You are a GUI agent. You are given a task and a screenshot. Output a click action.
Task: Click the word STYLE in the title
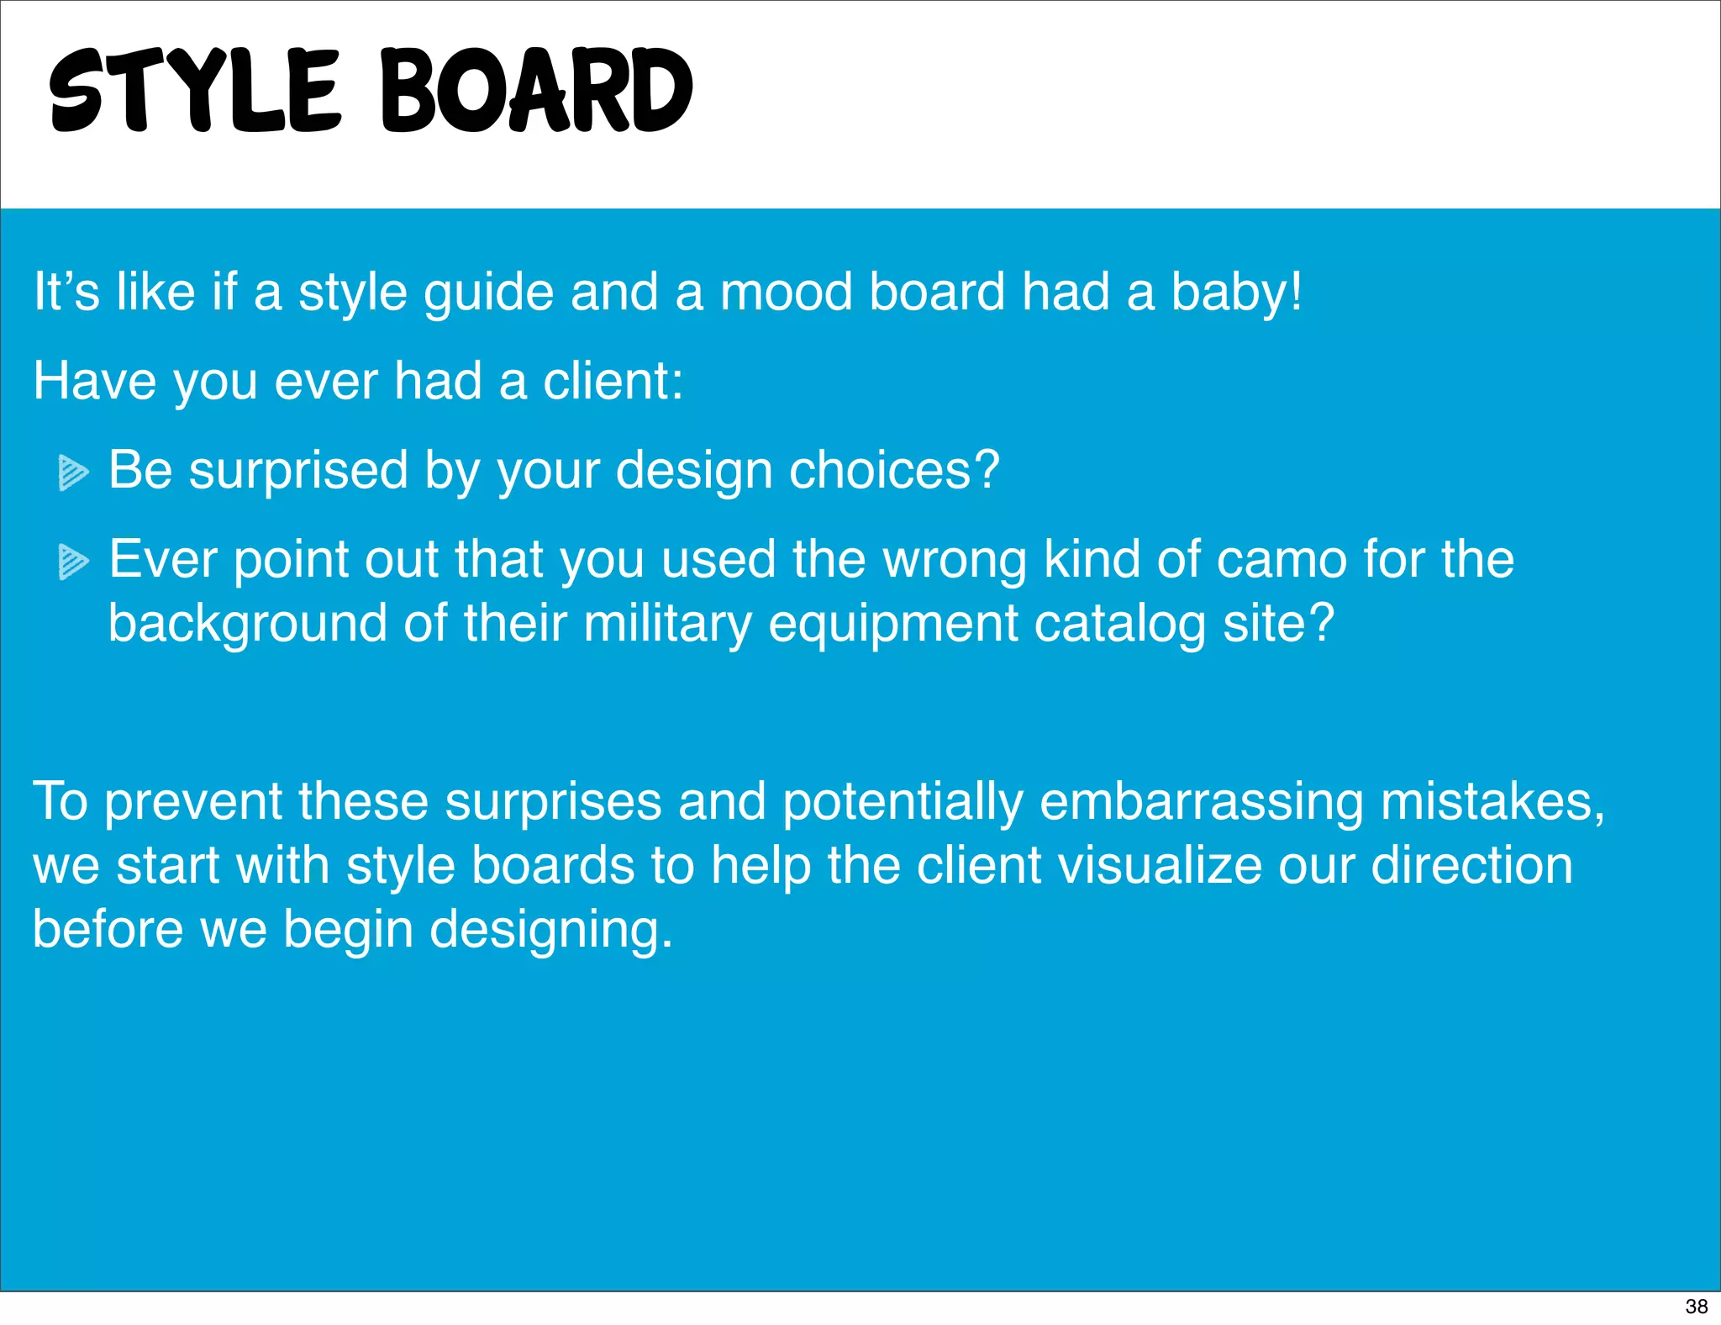coord(194,91)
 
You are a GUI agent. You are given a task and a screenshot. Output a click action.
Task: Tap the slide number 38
coord(1696,1306)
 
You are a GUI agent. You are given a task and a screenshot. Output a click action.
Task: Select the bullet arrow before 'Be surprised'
coord(73,472)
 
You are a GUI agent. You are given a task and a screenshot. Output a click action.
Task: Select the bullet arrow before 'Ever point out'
coord(73,562)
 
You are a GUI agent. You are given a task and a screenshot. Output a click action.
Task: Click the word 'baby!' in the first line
coord(1236,293)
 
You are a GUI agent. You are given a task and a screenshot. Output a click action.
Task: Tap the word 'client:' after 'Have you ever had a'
coord(613,381)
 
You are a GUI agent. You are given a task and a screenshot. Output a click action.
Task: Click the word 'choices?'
coord(894,470)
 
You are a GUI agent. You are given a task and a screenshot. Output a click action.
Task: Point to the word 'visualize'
coord(1160,865)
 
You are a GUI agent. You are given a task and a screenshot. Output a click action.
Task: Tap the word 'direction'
coord(1471,865)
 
